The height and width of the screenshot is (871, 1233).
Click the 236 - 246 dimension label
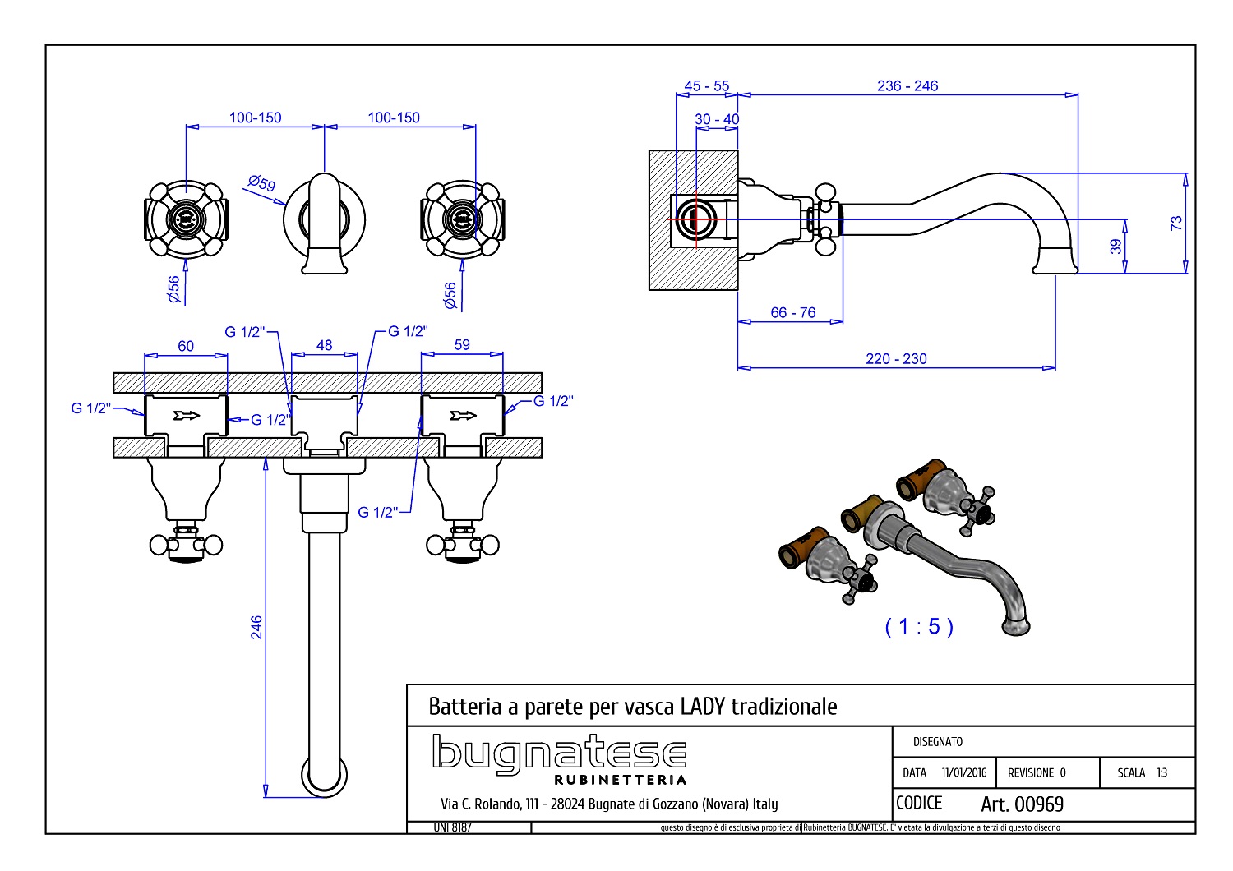[907, 85]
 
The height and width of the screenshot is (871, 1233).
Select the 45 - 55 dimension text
[706, 85]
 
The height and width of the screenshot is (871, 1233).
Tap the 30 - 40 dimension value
[717, 119]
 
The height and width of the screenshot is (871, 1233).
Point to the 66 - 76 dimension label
[792, 312]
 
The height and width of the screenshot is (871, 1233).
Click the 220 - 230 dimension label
[896, 359]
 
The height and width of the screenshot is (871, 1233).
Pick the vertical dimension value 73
[1175, 223]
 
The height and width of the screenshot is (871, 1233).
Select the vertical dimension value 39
[1115, 246]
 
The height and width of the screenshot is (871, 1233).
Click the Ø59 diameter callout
[261, 182]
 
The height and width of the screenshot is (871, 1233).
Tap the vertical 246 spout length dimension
[256, 627]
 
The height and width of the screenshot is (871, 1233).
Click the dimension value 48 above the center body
[324, 345]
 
